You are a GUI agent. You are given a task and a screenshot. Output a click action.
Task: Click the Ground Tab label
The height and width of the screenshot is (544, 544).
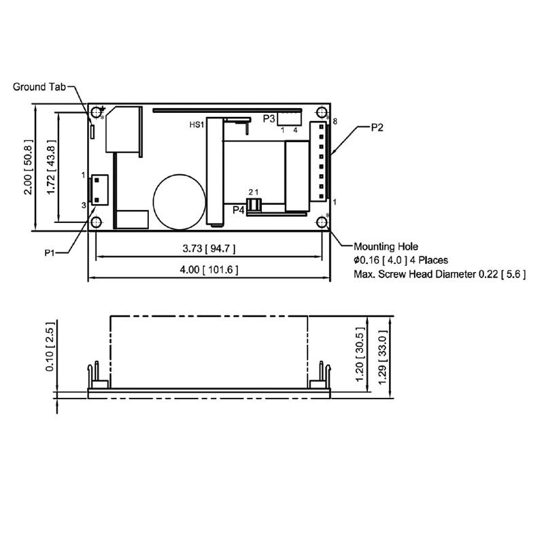39,87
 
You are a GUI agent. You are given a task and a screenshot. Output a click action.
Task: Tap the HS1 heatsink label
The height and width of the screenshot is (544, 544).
197,124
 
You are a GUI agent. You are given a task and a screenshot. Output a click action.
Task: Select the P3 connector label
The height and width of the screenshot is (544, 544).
269,119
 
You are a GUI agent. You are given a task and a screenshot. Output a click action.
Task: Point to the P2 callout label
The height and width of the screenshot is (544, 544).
377,128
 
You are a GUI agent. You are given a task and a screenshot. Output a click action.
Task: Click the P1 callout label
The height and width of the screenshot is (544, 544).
50,253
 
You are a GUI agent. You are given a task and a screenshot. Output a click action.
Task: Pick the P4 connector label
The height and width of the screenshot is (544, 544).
239,210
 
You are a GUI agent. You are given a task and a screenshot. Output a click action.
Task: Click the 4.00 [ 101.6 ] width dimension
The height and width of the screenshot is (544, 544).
209,269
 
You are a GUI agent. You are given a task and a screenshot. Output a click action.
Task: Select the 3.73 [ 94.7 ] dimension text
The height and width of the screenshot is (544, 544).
209,248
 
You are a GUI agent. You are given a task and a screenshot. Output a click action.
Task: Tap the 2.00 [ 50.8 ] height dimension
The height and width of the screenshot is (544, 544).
28,167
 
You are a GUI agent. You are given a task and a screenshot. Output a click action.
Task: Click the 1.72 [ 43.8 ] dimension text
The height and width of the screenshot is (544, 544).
51,167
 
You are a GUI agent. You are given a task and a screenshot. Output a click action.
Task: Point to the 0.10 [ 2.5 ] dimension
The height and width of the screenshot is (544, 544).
50,347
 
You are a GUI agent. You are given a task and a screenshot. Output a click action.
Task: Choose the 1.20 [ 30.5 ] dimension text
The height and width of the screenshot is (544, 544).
360,354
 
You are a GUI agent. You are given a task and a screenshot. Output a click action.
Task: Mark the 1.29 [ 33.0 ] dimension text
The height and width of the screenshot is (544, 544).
381,357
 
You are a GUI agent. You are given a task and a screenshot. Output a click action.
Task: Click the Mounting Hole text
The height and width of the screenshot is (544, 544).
386,247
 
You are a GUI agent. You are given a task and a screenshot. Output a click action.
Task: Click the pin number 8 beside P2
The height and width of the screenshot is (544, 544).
335,122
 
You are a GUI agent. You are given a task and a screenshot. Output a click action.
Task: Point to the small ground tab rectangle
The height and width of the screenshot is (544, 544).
92,132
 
